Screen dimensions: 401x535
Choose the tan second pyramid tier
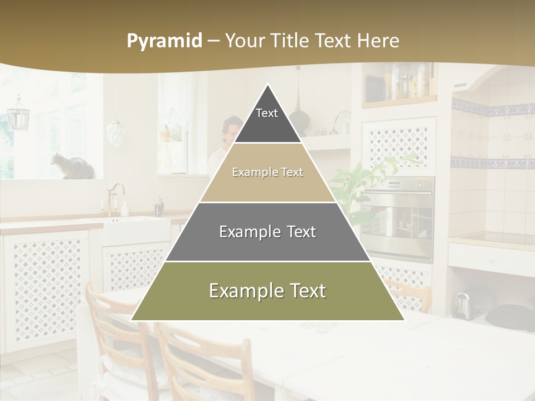click(267, 173)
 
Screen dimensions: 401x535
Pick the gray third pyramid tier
click(267, 232)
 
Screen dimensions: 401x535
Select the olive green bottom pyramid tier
click(267, 291)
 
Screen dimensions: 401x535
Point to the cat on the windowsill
click(71, 167)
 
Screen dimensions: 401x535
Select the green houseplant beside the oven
click(357, 178)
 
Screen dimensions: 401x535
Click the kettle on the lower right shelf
click(461, 305)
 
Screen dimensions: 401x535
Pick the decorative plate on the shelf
click(342, 123)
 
